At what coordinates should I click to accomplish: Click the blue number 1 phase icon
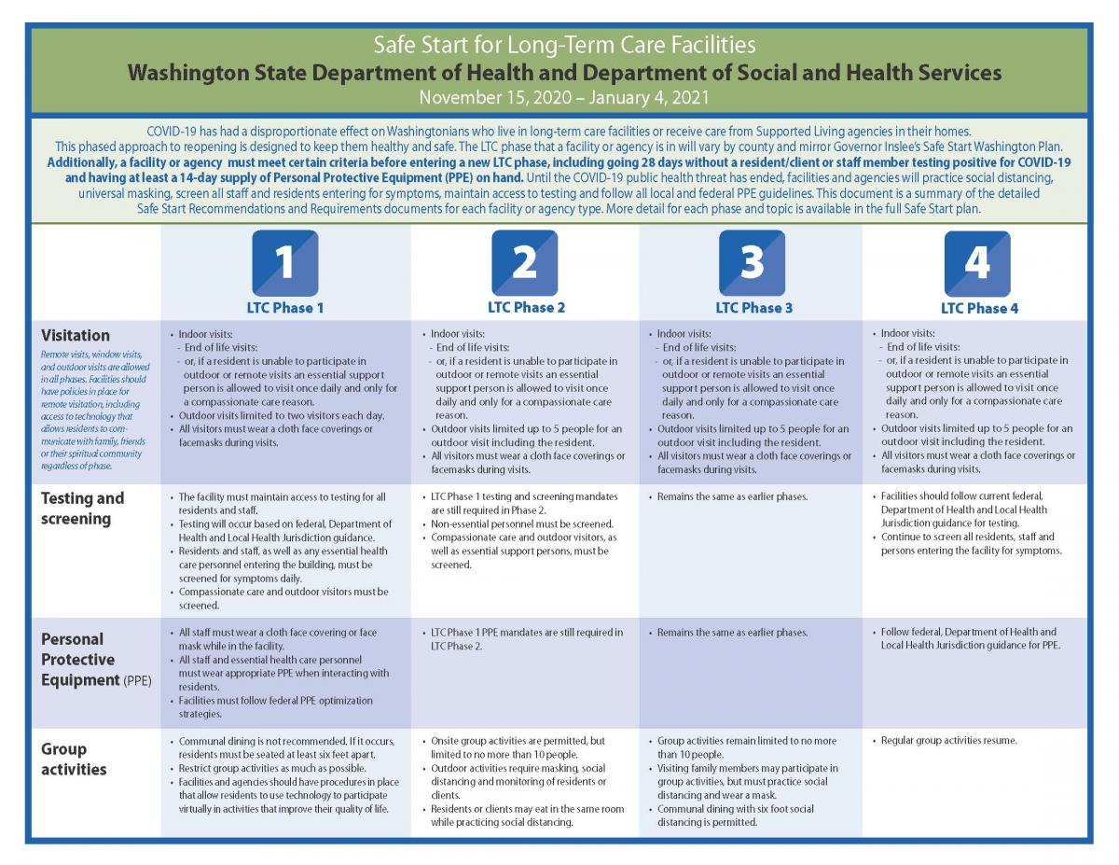(284, 262)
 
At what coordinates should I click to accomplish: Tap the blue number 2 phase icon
(525, 262)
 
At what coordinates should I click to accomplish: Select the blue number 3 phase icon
(752, 262)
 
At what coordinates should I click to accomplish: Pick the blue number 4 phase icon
(977, 262)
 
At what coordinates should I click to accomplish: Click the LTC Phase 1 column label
(285, 308)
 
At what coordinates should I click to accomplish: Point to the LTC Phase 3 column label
(753, 307)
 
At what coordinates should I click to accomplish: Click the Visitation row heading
(76, 335)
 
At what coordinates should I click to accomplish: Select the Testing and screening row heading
(82, 508)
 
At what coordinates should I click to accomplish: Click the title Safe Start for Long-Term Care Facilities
(564, 44)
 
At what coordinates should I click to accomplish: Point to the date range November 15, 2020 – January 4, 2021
(564, 96)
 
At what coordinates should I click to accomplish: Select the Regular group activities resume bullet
(949, 741)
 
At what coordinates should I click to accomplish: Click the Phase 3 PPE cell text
(732, 633)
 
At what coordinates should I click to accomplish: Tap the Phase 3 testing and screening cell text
(732, 497)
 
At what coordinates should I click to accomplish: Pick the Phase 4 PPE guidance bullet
(969, 638)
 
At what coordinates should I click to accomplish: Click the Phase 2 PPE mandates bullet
(527, 638)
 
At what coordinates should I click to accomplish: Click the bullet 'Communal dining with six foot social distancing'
(735, 816)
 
